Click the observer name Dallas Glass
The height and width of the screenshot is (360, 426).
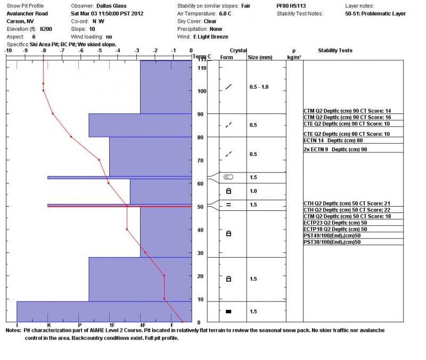pyautogui.click(x=112, y=5)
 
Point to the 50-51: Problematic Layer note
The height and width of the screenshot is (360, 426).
pyautogui.click(x=375, y=13)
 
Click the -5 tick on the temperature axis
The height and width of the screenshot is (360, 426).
pyautogui.click(x=100, y=51)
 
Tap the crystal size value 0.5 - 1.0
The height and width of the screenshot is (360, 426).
pyautogui.click(x=259, y=87)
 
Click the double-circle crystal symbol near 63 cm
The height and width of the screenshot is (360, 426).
pyautogui.click(x=228, y=177)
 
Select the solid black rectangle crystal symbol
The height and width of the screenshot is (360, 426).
pyautogui.click(x=228, y=312)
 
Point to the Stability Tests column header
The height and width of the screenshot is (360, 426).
pyautogui.click(x=335, y=51)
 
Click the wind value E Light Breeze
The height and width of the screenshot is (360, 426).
pyautogui.click(x=211, y=37)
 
